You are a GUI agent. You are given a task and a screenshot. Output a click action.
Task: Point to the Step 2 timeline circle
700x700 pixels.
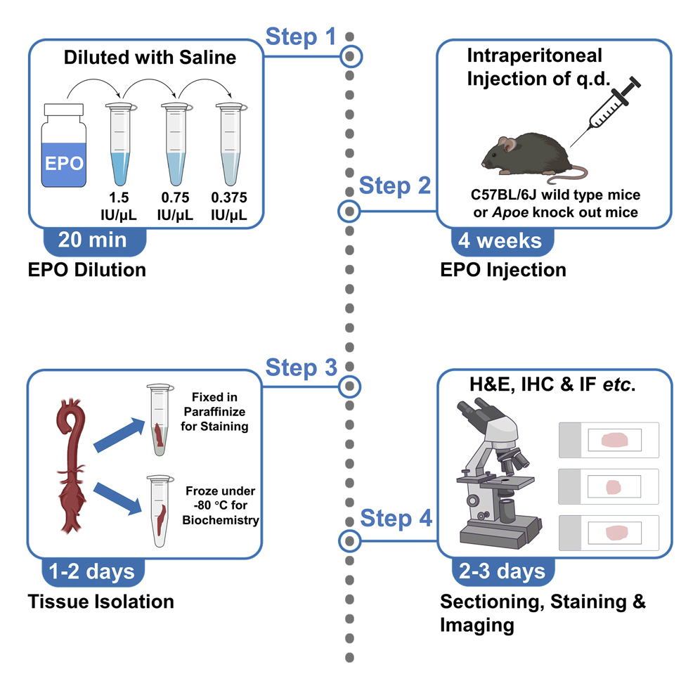(349, 210)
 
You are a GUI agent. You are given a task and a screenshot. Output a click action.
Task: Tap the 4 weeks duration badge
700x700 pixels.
(500, 241)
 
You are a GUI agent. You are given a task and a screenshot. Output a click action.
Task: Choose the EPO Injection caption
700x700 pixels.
(503, 269)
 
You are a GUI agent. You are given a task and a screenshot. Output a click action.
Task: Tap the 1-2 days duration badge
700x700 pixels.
(94, 571)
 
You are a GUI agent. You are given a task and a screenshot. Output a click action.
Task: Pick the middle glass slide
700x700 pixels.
(608, 486)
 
